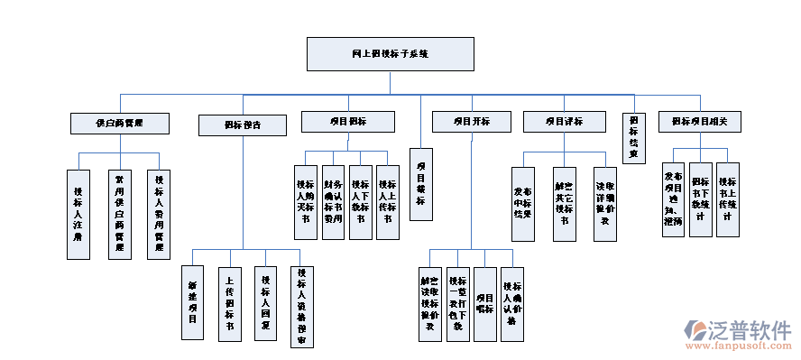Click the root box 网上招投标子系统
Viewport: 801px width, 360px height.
pyautogui.click(x=391, y=55)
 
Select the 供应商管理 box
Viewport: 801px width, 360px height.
pyautogui.click(x=120, y=122)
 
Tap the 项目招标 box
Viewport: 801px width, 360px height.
pyautogui.click(x=347, y=122)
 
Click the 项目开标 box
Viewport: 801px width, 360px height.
pyautogui.click(x=471, y=122)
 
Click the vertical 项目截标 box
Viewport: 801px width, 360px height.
pyautogui.click(x=420, y=184)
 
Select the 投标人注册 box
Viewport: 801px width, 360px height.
pyautogui.click(x=78, y=214)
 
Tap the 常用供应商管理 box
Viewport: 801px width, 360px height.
pyautogui.click(x=118, y=214)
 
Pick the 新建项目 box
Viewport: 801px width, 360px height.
pyautogui.click(x=193, y=302)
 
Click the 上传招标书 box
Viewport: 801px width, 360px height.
pyautogui.click(x=229, y=302)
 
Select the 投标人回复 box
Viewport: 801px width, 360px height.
pyautogui.click(x=265, y=302)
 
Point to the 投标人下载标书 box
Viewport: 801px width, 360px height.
pyautogui.click(x=361, y=201)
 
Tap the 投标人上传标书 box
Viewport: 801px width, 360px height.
pyautogui.click(x=388, y=201)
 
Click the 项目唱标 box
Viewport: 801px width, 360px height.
pyautogui.click(x=485, y=304)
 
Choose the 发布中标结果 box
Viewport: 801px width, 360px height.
pyautogui.click(x=523, y=204)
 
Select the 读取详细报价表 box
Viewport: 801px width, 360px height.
pyautogui.click(x=605, y=204)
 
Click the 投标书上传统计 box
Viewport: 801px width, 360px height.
pyautogui.click(x=728, y=199)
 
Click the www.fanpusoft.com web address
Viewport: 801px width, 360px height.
pyautogui.click(x=739, y=345)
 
